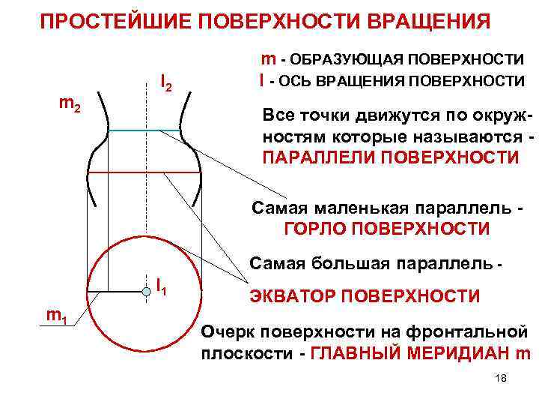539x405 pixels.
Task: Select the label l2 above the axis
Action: (x=166, y=82)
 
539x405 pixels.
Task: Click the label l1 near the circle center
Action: (x=161, y=285)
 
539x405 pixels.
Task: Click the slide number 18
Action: (x=501, y=379)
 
